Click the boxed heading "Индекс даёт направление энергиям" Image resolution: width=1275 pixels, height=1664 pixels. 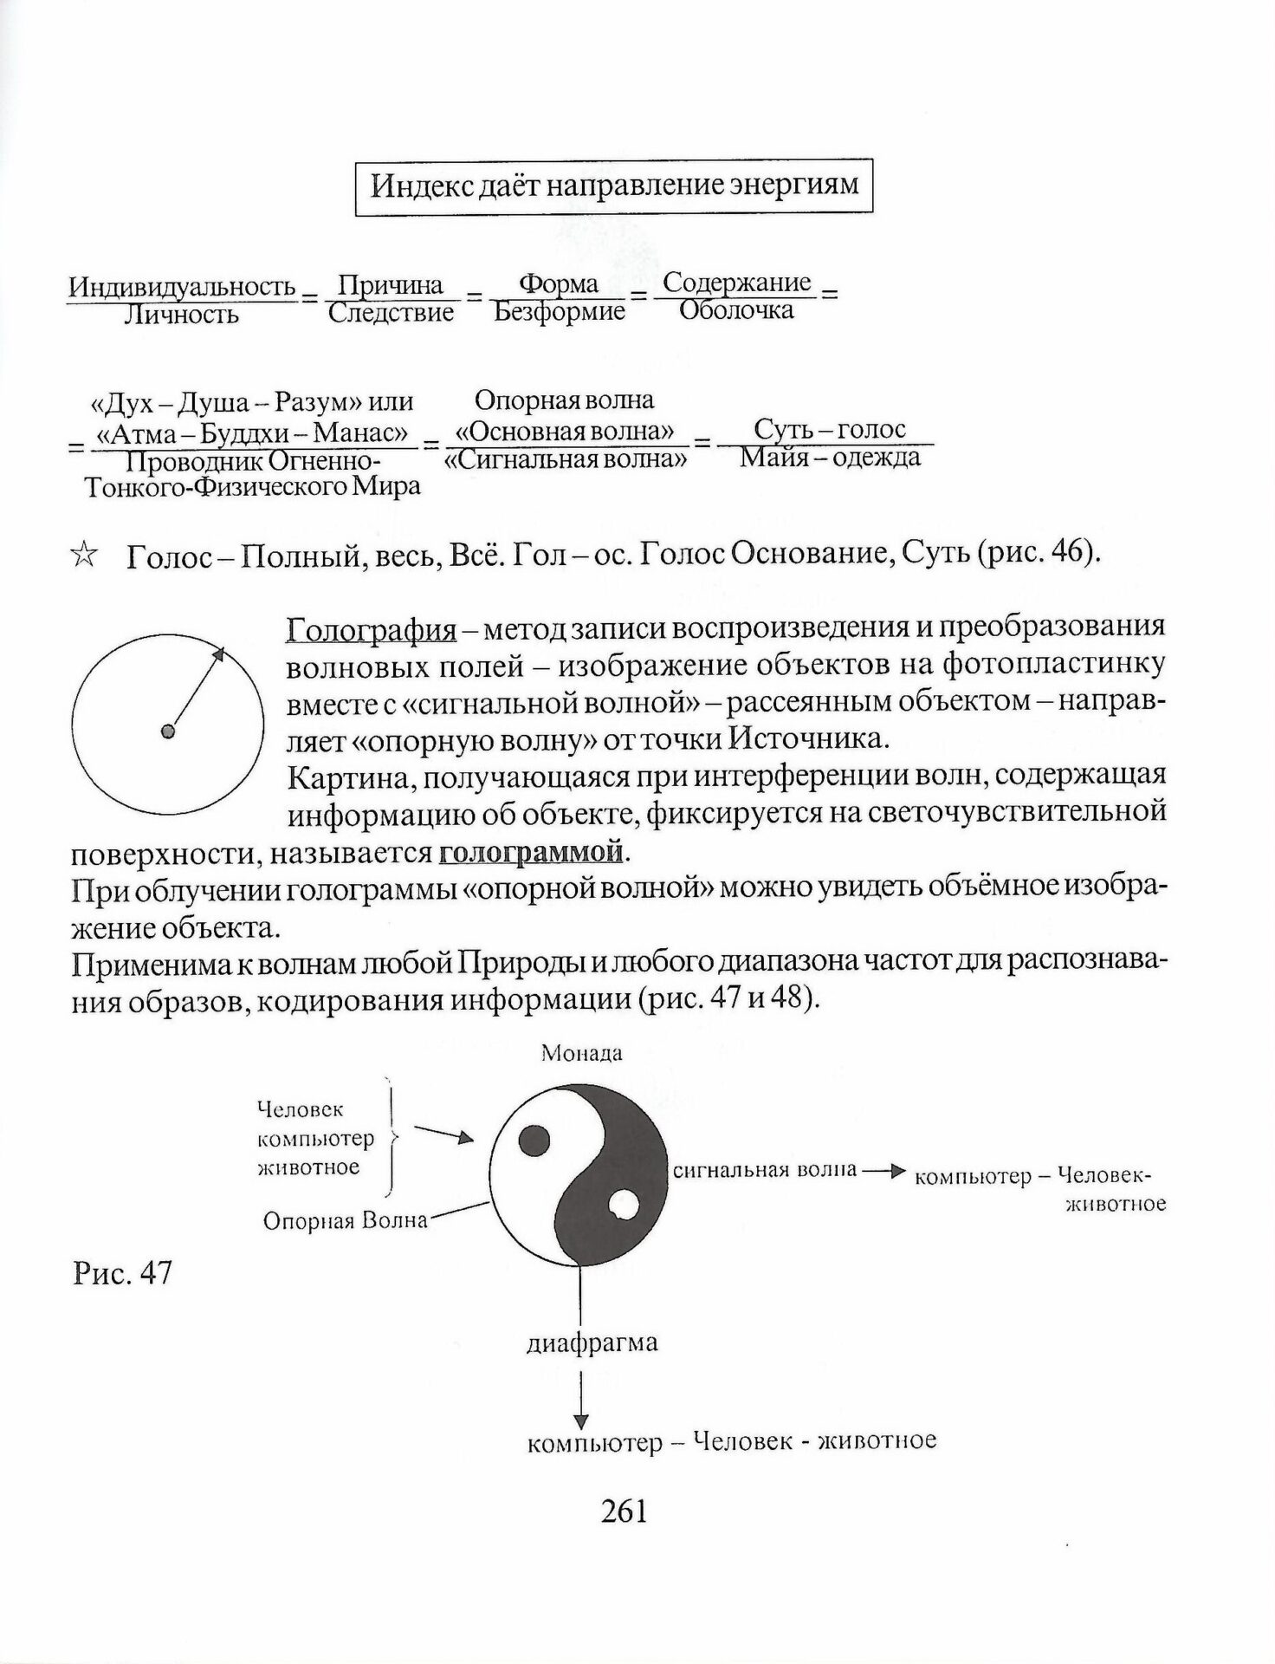[613, 186]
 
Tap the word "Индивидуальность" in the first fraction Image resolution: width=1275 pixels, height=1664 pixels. [182, 287]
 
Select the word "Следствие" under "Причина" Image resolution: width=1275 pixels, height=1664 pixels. [391, 312]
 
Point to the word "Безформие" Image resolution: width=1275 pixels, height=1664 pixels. [560, 311]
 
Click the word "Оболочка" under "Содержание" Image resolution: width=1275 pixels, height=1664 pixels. [735, 310]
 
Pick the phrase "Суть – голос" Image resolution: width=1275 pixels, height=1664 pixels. [829, 429]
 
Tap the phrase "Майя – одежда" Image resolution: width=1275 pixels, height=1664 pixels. [830, 457]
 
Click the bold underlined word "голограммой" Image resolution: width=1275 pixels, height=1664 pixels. [531, 852]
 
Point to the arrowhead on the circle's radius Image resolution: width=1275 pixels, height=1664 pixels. [219, 654]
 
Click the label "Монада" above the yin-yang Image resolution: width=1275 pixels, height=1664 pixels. [581, 1054]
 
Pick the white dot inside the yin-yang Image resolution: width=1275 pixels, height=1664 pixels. [624, 1205]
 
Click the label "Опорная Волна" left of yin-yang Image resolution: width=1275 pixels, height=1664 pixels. [346, 1220]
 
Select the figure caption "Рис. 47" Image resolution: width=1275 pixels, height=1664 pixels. [122, 1273]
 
